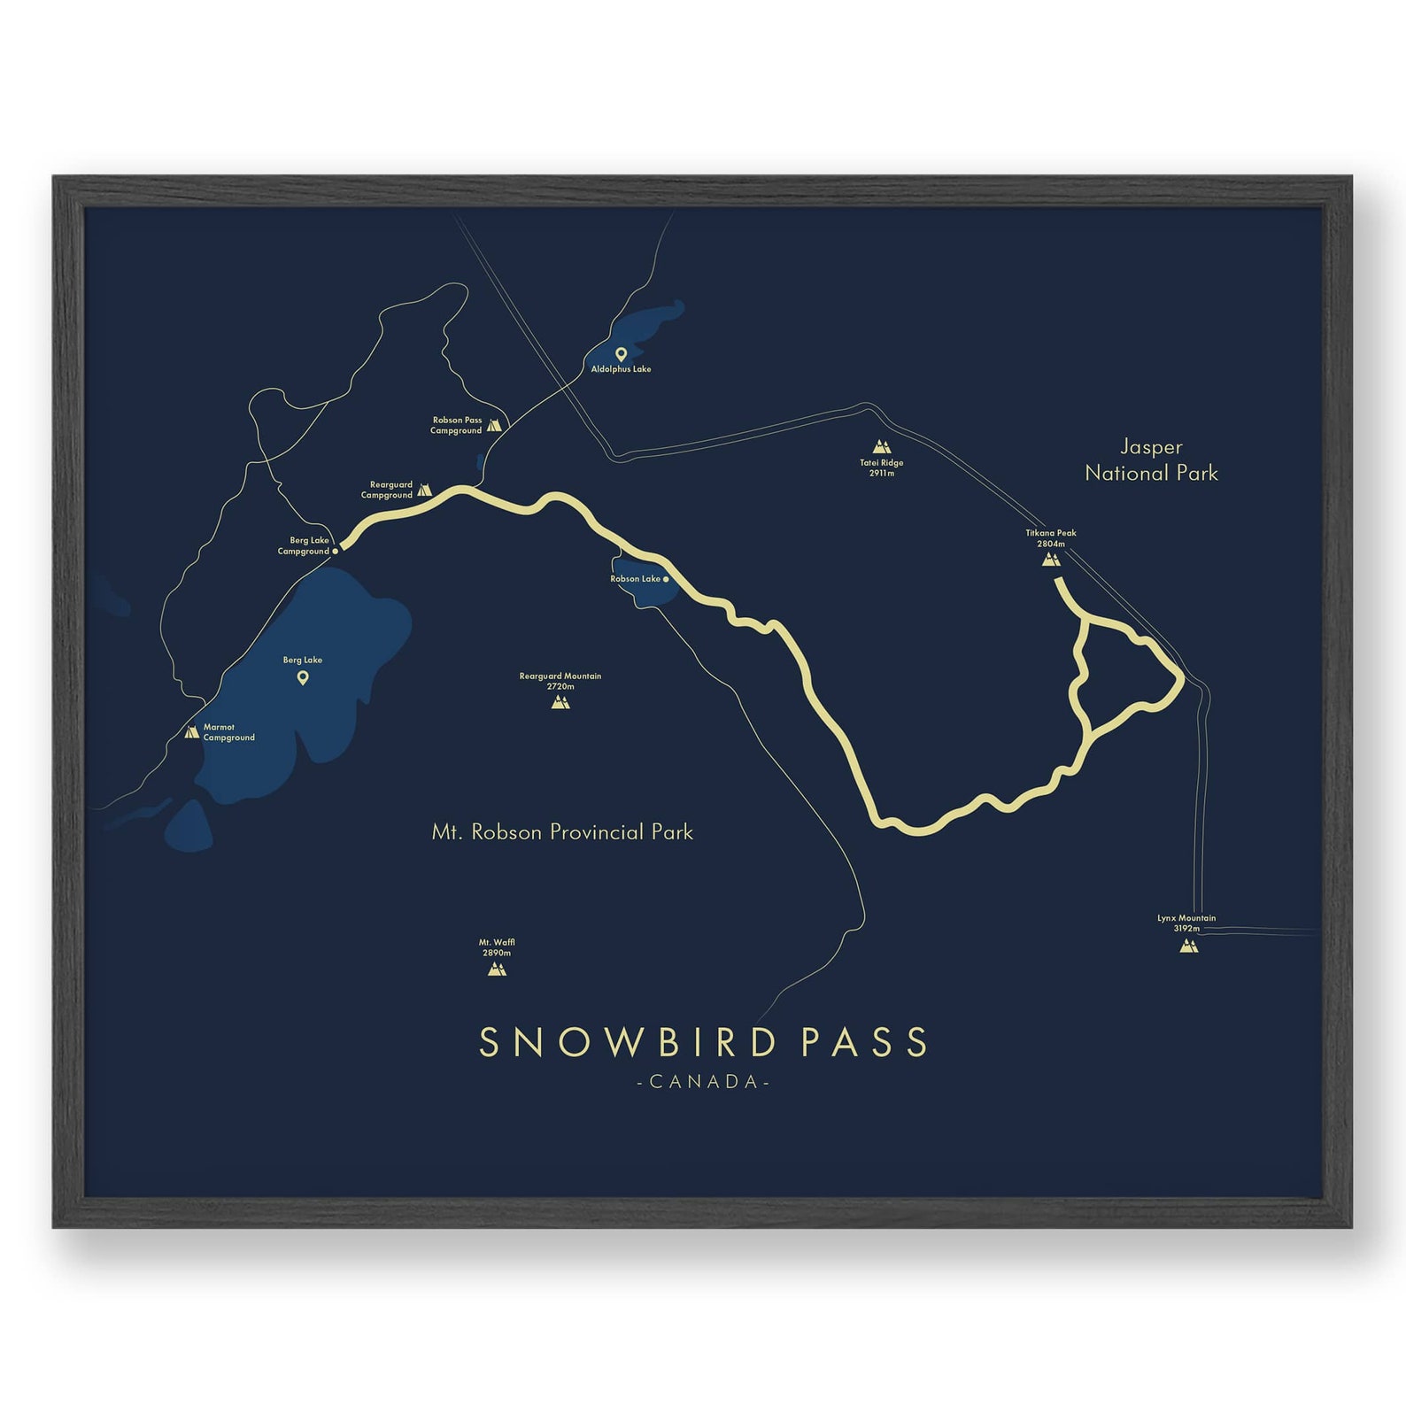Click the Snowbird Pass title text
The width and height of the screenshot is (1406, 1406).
point(703,1042)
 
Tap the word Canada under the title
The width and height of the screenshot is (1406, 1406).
point(703,1082)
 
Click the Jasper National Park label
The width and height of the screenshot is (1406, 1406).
point(1151,460)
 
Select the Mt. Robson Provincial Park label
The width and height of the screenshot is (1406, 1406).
point(562,832)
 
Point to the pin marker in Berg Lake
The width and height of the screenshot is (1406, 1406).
point(303,678)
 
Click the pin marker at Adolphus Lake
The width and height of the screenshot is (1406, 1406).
point(621,354)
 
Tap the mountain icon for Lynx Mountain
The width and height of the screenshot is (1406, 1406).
point(1188,946)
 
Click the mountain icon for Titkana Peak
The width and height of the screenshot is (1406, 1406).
point(1051,559)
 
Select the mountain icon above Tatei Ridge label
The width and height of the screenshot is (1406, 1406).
point(880,446)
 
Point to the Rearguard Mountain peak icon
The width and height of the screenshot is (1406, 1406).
point(560,702)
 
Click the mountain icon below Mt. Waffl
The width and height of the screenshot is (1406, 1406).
point(497,969)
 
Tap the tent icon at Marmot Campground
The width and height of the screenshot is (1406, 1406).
point(191,732)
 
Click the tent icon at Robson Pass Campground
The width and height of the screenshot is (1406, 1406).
point(494,425)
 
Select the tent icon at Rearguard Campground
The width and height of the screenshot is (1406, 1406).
point(424,490)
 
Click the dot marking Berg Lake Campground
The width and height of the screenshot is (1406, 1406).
point(336,551)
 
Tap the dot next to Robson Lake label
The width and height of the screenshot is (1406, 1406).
point(666,579)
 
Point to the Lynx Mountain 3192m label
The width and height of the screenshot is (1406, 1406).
point(1186,923)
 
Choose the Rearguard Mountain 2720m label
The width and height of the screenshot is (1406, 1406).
point(560,681)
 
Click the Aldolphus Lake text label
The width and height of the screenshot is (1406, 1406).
point(621,369)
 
